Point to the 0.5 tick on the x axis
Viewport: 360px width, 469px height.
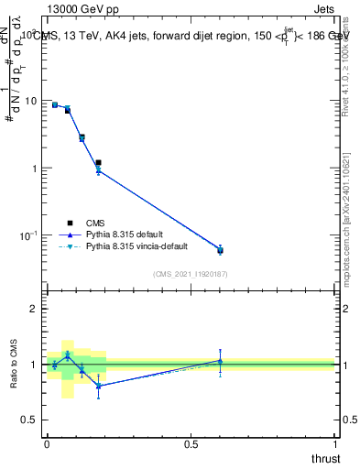pyautogui.click(x=191, y=444)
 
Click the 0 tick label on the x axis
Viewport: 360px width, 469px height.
pyautogui.click(x=47, y=444)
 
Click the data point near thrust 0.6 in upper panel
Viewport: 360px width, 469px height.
pyautogui.click(x=220, y=250)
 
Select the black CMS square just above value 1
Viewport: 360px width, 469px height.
pyautogui.click(x=98, y=162)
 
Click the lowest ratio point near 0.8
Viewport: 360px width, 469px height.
pyautogui.click(x=98, y=386)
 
